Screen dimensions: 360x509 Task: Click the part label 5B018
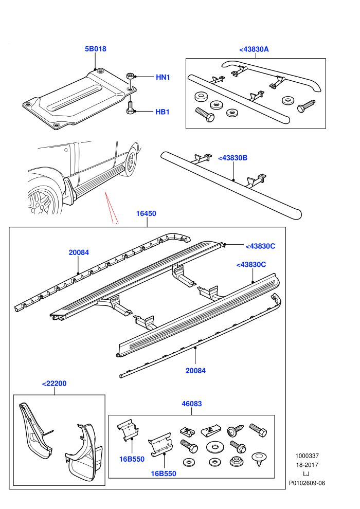click(96, 49)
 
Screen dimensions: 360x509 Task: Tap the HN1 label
click(163, 77)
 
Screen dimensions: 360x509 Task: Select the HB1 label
click(163, 112)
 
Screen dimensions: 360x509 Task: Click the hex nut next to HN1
click(129, 77)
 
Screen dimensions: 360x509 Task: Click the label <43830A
click(254, 49)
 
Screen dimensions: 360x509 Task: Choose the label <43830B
click(233, 158)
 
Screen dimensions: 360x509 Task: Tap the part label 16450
click(146, 213)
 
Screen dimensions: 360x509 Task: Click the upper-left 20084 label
click(79, 252)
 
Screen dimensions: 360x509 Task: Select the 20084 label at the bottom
click(195, 371)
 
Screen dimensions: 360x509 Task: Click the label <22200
click(54, 384)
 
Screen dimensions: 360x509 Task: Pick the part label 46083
click(191, 404)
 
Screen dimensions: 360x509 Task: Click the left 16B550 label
click(132, 459)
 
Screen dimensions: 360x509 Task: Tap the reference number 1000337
click(307, 456)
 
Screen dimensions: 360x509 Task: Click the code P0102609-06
click(307, 483)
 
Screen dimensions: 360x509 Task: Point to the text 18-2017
click(307, 465)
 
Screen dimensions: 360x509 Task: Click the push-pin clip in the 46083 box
click(258, 459)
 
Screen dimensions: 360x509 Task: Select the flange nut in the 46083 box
click(237, 461)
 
